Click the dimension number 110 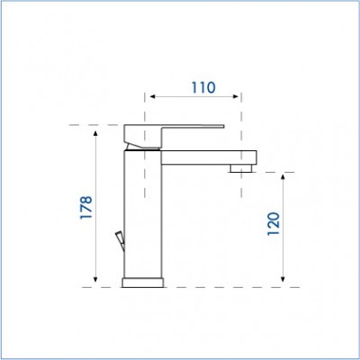pos(203,87)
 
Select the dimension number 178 pos(86,208)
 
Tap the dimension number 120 pos(274,224)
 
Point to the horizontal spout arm pos(209,157)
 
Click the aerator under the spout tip pos(241,168)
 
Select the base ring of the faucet pos(143,283)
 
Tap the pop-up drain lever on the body pos(120,239)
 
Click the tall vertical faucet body pos(143,214)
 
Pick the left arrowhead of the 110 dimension pos(153,96)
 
